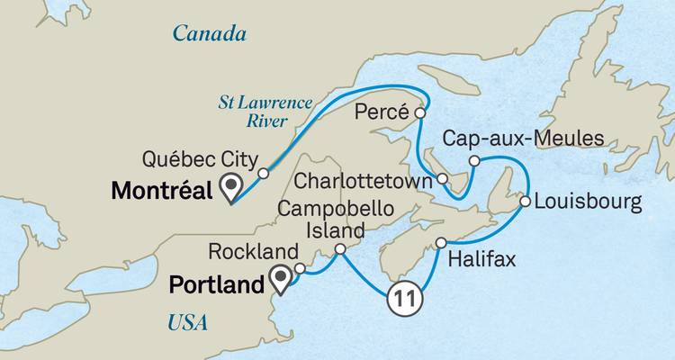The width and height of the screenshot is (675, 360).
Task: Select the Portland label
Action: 220,284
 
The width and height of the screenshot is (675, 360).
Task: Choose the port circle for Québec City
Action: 263,173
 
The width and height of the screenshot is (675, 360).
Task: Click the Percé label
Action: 382,114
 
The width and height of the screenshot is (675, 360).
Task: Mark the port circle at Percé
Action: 418,113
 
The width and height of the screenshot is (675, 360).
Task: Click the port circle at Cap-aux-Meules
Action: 473,162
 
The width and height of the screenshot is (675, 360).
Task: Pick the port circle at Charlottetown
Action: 443,179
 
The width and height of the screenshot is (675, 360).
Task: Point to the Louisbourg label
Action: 588,201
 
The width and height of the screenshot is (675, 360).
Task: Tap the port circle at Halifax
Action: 441,243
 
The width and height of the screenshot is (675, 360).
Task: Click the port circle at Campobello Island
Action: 340,249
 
